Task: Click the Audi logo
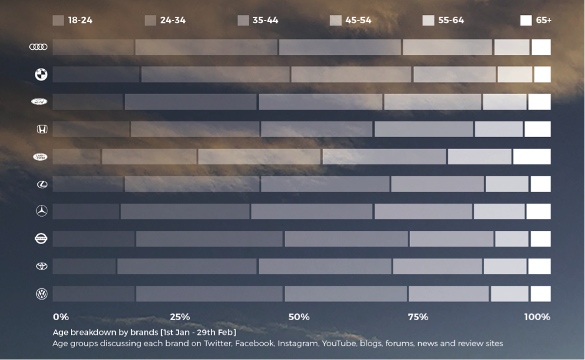click(x=39, y=47)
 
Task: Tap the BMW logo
click(x=41, y=75)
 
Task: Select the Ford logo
click(x=39, y=102)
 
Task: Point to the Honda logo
click(x=42, y=129)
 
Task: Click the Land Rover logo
click(x=40, y=156)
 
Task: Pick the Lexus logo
click(x=42, y=184)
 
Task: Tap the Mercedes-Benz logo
click(x=42, y=211)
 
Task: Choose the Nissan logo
click(x=41, y=239)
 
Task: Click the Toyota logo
click(x=42, y=266)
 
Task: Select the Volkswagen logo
click(x=42, y=293)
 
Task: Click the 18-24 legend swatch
click(x=58, y=20)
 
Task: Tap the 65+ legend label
click(x=543, y=20)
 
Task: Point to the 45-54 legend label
click(x=358, y=20)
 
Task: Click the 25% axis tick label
click(x=180, y=317)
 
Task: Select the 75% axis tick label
click(x=418, y=317)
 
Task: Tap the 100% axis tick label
click(x=537, y=317)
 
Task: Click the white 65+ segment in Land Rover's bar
click(x=531, y=156)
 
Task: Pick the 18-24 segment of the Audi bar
click(x=93, y=47)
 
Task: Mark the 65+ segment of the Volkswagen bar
click(x=540, y=293)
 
